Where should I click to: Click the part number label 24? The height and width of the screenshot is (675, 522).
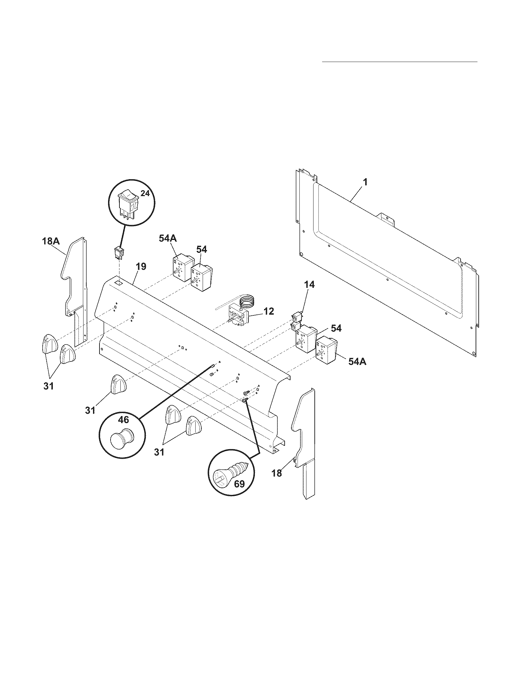(145, 194)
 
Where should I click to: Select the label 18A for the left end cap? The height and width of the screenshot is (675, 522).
(51, 137)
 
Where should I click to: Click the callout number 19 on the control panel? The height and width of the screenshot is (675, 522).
(141, 266)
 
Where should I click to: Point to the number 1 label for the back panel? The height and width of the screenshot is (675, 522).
(365, 182)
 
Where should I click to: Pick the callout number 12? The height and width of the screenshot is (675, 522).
(269, 311)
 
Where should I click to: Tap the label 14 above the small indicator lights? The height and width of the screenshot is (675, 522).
(310, 284)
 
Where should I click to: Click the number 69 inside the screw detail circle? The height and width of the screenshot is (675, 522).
(239, 484)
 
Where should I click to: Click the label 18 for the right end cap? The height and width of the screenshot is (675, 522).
(276, 473)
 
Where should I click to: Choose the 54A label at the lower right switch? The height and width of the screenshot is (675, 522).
(357, 362)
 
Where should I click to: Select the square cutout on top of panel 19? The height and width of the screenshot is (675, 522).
(118, 283)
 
